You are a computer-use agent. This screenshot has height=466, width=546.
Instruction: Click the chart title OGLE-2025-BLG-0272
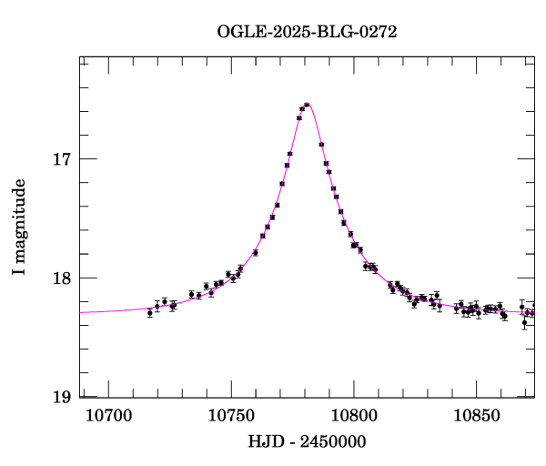coord(307,31)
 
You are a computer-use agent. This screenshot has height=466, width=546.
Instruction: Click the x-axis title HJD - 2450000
coord(307,441)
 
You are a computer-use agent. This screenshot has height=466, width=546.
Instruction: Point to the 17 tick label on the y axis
coord(61,159)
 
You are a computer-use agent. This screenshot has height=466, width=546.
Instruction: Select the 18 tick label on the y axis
coord(61,278)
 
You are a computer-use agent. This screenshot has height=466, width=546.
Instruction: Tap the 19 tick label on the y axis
coord(61,397)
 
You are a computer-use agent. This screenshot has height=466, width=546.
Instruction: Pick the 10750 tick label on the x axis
coord(230,416)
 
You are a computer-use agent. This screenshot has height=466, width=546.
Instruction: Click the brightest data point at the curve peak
coord(307,105)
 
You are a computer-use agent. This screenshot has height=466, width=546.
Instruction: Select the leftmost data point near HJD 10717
coord(150,312)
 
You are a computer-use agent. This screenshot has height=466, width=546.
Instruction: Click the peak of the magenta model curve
coord(308,104)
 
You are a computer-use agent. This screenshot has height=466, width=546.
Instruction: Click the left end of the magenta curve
coord(82,312)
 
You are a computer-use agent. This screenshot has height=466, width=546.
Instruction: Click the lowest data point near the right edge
coord(524,322)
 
